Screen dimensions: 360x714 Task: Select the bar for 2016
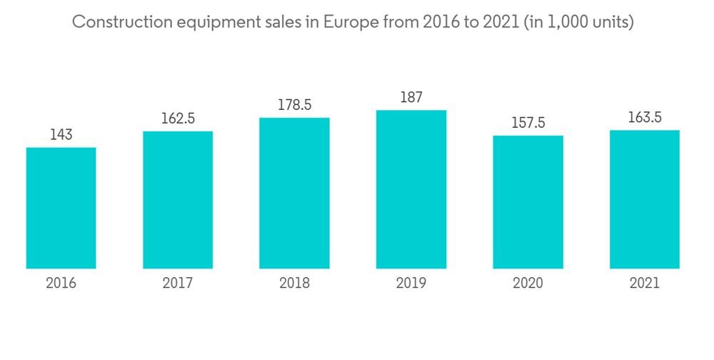click(61, 208)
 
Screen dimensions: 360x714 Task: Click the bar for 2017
click(178, 200)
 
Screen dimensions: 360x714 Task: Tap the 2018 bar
click(294, 193)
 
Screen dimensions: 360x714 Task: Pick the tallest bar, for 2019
click(411, 189)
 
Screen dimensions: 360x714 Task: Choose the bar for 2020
click(528, 202)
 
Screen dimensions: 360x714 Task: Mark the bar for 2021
click(644, 199)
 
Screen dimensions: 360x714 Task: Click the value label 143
click(61, 134)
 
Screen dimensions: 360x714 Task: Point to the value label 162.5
click(178, 119)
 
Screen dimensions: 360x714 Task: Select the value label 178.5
click(294, 105)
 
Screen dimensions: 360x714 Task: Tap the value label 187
click(411, 97)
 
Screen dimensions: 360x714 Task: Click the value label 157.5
click(528, 123)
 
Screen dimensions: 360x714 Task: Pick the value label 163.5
click(644, 117)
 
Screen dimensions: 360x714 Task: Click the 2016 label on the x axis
click(61, 283)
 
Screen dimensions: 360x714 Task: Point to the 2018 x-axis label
click(294, 283)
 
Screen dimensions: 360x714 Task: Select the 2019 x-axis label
click(411, 283)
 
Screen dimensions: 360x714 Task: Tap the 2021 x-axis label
click(644, 283)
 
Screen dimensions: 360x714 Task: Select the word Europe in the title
click(348, 22)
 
